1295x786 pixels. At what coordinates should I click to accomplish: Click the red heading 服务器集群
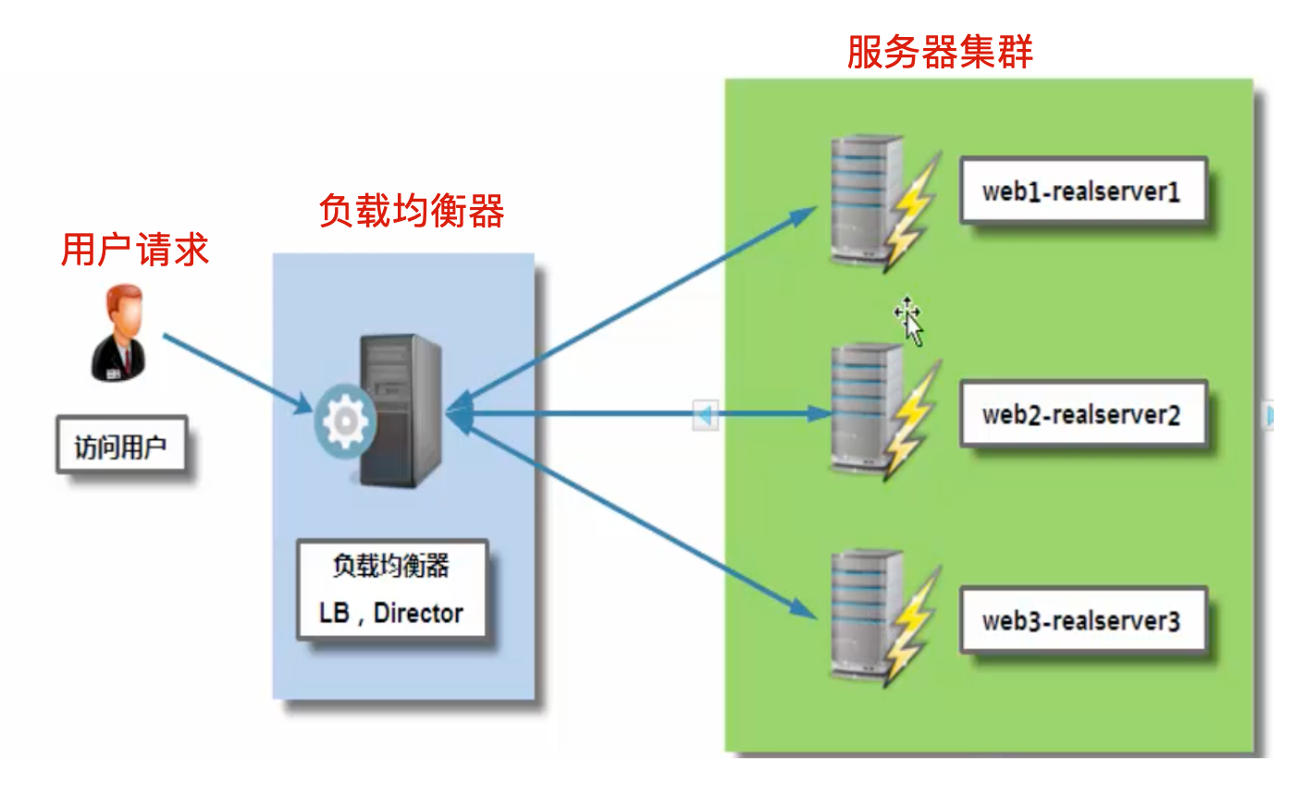[940, 52]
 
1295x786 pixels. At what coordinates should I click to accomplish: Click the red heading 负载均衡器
[412, 211]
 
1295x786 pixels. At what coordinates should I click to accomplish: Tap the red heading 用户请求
[135, 250]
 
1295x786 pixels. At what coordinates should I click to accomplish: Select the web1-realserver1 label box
[1083, 190]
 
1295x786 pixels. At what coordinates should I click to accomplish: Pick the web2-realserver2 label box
[1083, 414]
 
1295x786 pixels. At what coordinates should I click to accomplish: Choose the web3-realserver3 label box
[1083, 620]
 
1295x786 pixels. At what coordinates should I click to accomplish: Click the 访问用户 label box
[121, 445]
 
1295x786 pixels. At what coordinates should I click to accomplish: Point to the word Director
[418, 613]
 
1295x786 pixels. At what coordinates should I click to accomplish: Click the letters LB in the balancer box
[334, 613]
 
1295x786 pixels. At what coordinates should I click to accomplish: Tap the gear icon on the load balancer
[345, 422]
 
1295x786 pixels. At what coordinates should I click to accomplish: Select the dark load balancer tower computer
[401, 411]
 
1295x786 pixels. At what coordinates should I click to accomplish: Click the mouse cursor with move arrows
[909, 322]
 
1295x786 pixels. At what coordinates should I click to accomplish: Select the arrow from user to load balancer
[239, 374]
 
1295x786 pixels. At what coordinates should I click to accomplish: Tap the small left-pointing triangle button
[705, 415]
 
